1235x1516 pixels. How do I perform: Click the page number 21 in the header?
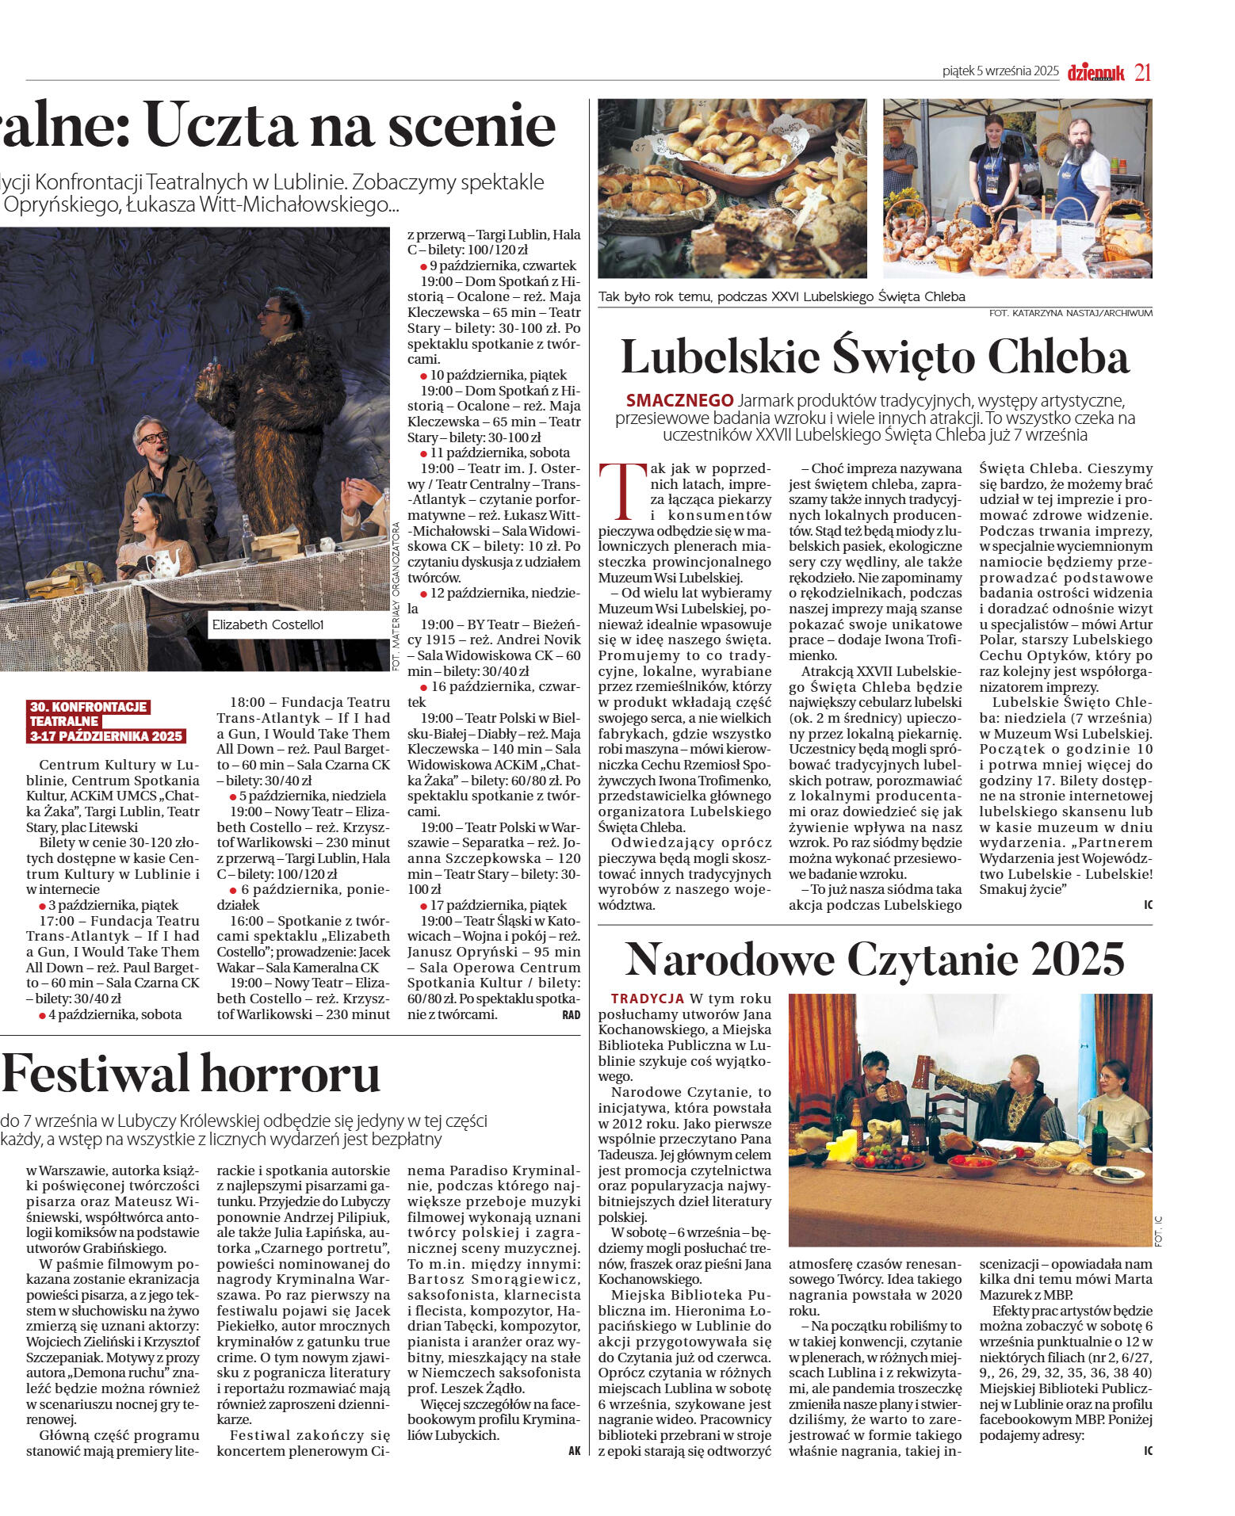(1141, 72)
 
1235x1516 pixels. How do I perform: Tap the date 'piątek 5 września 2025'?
(1000, 71)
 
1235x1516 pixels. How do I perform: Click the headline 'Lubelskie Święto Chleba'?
(874, 357)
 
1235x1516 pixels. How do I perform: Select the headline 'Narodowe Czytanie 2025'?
(874, 960)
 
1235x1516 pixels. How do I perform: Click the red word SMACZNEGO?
(679, 400)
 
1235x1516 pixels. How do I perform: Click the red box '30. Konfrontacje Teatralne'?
(106, 721)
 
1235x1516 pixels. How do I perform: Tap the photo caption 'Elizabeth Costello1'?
(268, 624)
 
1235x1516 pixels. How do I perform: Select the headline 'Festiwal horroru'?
(190, 1074)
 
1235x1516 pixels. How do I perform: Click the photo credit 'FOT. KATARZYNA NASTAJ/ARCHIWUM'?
(1070, 313)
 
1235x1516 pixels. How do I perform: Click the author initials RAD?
(571, 1015)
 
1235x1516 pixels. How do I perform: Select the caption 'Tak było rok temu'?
(781, 297)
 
